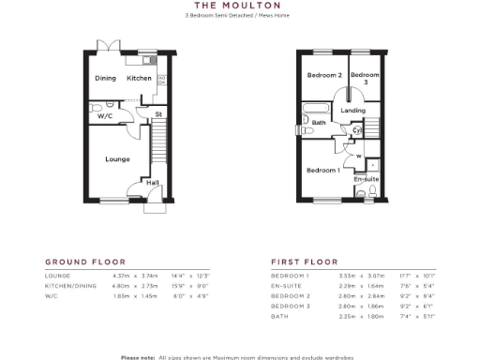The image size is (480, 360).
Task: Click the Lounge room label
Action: (x=117, y=159)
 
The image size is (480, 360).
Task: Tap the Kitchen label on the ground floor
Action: (x=140, y=78)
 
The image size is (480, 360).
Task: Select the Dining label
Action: (x=105, y=78)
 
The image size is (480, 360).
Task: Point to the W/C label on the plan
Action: (x=104, y=117)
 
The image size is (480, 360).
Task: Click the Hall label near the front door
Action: (x=152, y=183)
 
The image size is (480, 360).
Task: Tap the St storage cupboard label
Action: (x=158, y=114)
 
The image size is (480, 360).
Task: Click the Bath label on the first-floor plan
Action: (x=319, y=123)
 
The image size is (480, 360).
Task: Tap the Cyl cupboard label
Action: (x=357, y=130)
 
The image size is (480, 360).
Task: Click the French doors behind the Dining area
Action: (x=112, y=46)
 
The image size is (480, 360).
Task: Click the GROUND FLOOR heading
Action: (x=85, y=262)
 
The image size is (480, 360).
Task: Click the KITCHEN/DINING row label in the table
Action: (x=72, y=284)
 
